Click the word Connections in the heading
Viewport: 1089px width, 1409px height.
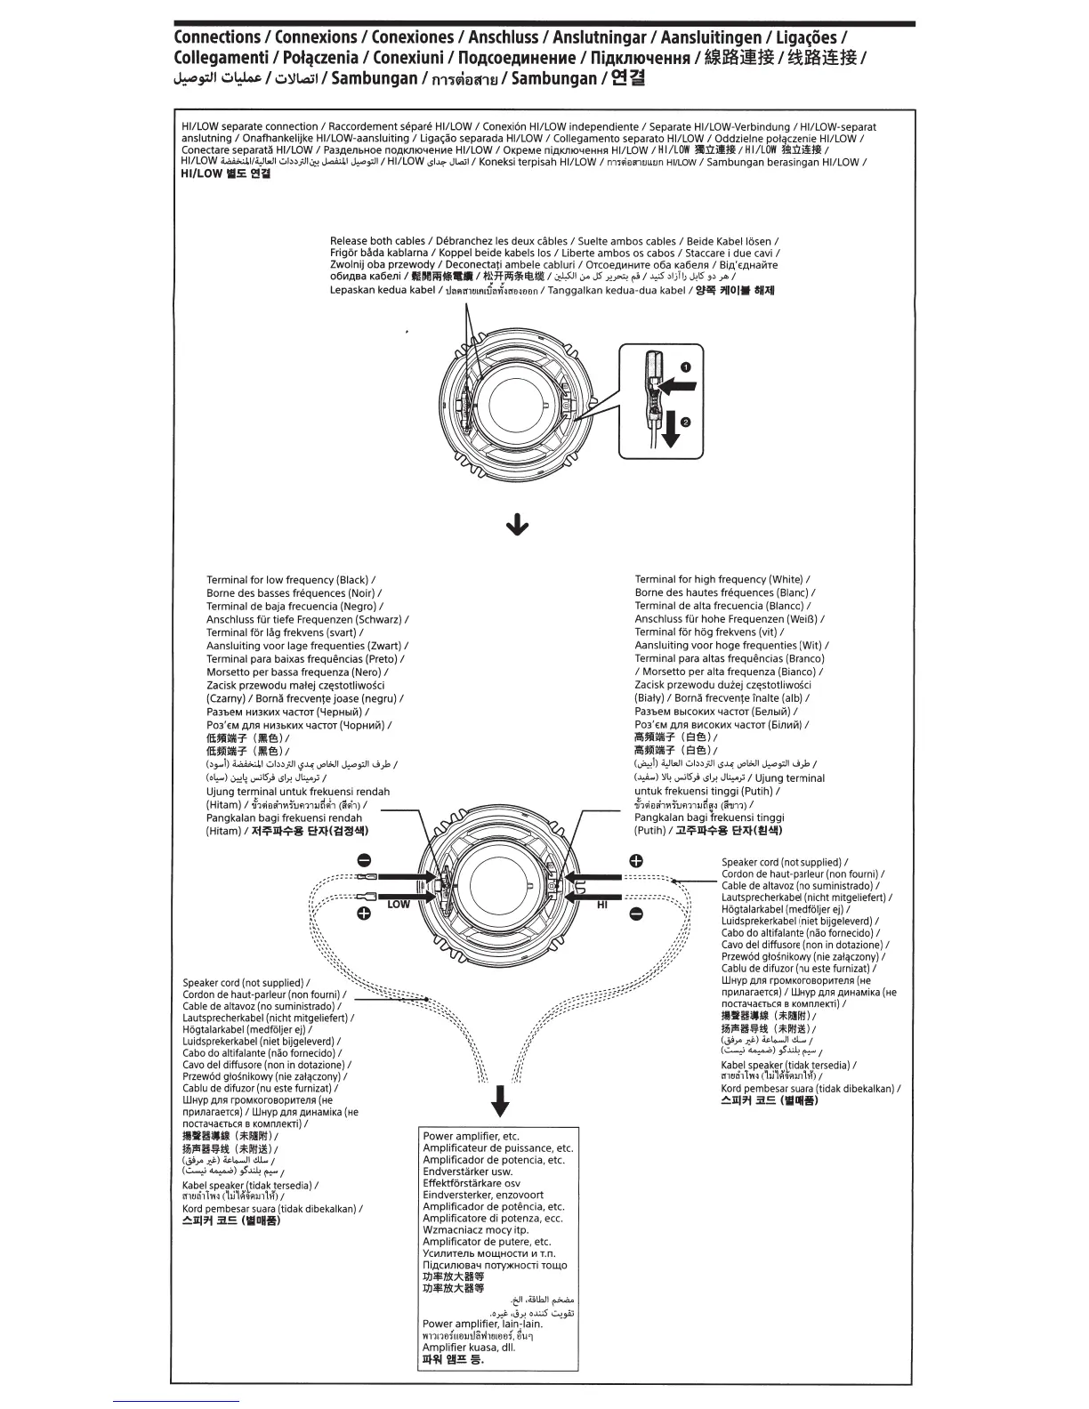coord(217,37)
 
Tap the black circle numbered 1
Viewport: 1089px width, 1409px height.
coord(686,366)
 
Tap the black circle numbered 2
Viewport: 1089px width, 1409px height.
coord(686,423)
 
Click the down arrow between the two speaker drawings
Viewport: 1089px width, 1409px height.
coord(517,527)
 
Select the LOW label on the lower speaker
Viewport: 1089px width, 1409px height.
coord(399,904)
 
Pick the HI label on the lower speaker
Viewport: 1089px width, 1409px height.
coord(602,904)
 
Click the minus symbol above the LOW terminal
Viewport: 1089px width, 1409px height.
coord(364,860)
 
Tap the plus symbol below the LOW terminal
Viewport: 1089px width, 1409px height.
coord(364,914)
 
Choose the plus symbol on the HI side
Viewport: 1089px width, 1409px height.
coord(636,860)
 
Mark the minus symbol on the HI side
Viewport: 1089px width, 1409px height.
coord(636,914)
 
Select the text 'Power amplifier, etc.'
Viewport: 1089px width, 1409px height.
coord(471,1136)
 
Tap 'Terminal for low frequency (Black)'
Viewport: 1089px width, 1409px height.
coord(287,580)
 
